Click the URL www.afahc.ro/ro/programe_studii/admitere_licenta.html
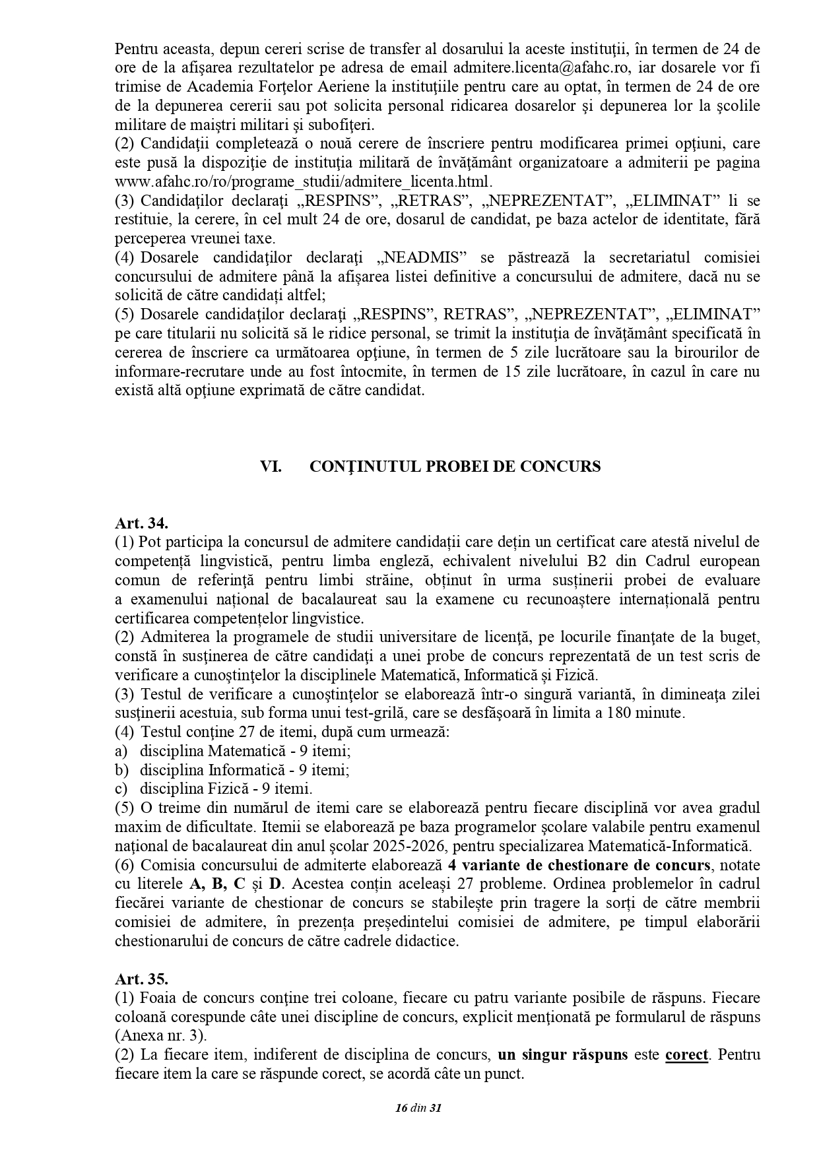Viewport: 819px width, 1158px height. point(304,181)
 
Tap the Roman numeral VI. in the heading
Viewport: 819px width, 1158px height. point(271,466)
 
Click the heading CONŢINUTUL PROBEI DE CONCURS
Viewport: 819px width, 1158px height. point(455,466)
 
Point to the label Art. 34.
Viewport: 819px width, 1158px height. point(141,523)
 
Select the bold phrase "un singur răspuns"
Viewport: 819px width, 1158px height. point(563,1054)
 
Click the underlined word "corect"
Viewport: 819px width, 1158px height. point(686,1054)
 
